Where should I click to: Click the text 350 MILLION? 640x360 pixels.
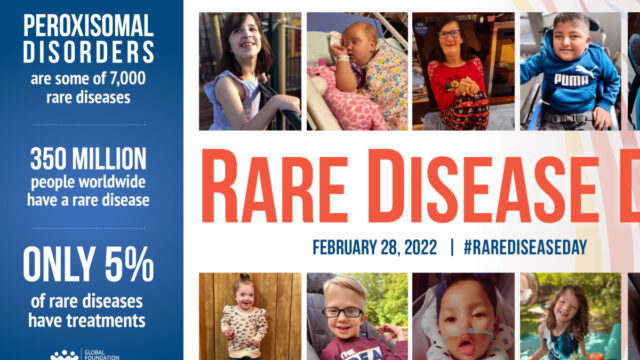pos(89,159)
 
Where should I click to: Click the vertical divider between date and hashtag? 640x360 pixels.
pos(451,246)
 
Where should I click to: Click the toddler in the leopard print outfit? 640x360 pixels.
pos(241,320)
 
